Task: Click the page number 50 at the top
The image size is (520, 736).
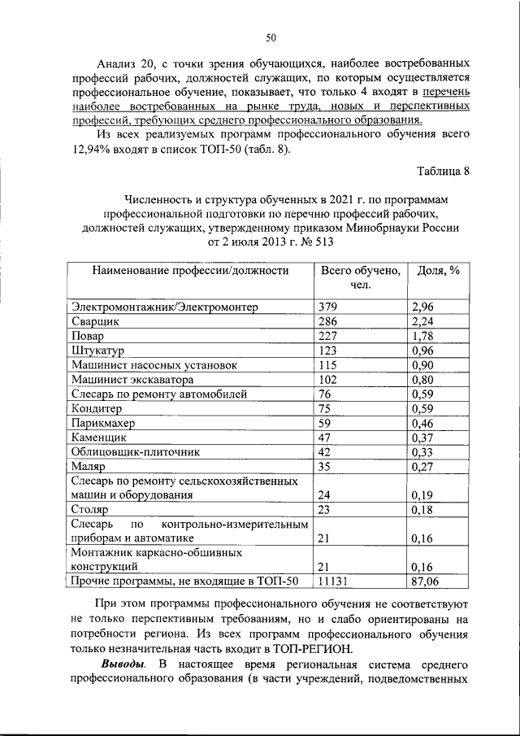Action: pos(271,37)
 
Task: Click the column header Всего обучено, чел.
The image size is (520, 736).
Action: pos(360,278)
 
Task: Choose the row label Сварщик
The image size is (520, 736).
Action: pos(96,321)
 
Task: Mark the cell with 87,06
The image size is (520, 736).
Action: pos(427,581)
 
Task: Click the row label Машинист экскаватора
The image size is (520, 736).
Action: pos(132,380)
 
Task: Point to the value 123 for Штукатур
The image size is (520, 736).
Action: pos(327,351)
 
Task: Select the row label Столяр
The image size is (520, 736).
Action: pos(92,509)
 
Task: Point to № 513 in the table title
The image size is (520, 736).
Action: pos(314,242)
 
